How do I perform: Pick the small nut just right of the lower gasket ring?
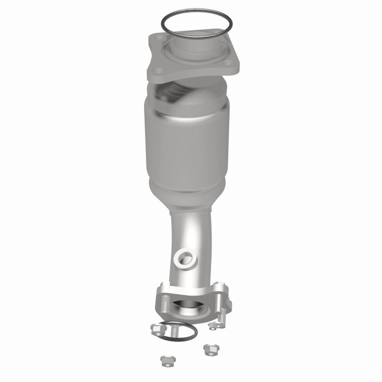coord(214,325)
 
